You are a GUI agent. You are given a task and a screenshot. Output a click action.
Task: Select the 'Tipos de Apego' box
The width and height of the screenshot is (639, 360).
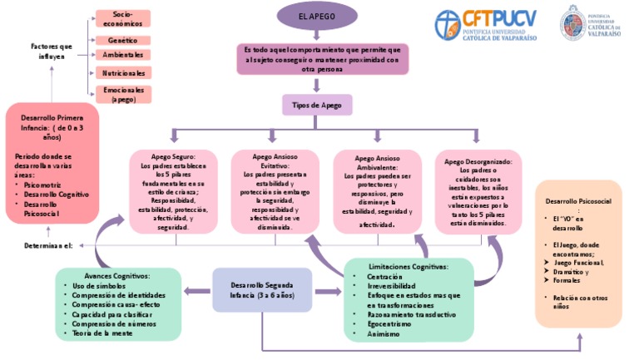[x=317, y=105]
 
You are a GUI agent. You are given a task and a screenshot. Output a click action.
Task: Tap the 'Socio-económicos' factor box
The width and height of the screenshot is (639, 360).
[x=122, y=18]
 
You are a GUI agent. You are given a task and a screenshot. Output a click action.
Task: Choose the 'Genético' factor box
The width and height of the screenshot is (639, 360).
[x=122, y=40]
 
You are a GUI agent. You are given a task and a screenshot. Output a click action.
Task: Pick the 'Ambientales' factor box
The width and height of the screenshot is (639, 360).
[x=122, y=55]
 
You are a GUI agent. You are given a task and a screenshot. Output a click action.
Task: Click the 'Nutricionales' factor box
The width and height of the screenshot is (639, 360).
[x=122, y=73]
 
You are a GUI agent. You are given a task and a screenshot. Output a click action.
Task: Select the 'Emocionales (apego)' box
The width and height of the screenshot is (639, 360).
[x=122, y=93]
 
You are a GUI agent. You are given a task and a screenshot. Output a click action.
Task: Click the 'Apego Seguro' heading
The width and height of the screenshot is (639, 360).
[x=173, y=156]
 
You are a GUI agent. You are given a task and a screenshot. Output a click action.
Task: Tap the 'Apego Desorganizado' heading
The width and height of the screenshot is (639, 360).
[x=483, y=161]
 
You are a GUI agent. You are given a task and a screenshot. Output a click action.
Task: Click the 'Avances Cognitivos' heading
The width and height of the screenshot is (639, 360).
[x=116, y=275]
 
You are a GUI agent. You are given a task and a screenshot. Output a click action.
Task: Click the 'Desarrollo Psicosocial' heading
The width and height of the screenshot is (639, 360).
[x=577, y=201]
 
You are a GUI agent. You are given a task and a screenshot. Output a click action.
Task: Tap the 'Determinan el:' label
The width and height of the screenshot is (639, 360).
[x=48, y=246]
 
